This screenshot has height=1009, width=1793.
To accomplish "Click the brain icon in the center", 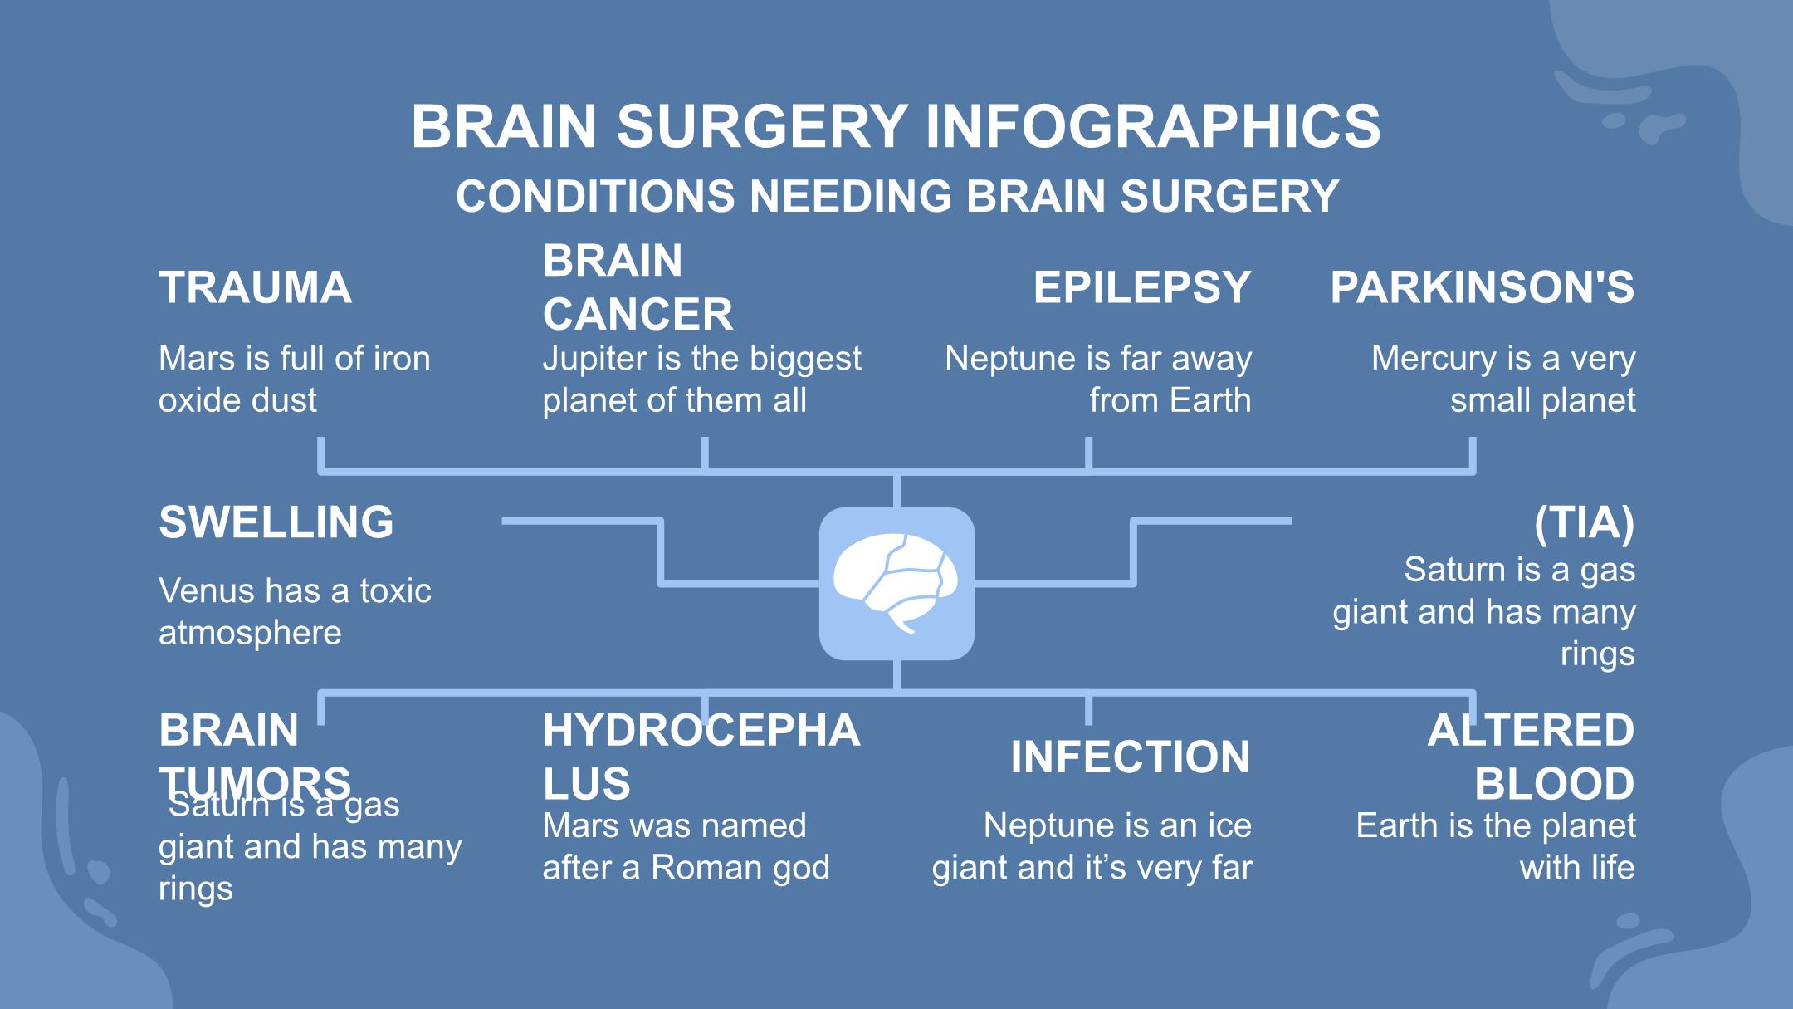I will pyautogui.click(x=896, y=584).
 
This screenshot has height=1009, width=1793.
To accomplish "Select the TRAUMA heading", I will pyautogui.click(x=255, y=287).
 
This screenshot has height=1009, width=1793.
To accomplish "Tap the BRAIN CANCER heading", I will pyautogui.click(x=637, y=287).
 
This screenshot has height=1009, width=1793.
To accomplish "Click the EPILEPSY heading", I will pyautogui.click(x=1141, y=287).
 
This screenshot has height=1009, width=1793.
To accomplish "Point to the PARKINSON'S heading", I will pyautogui.click(x=1482, y=287).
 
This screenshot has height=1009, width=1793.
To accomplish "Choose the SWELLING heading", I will pyautogui.click(x=276, y=522).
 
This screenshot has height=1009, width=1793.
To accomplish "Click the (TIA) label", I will pyautogui.click(x=1584, y=522).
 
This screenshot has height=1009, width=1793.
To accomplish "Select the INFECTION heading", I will pyautogui.click(x=1130, y=757).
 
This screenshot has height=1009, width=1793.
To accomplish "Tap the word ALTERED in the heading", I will pyautogui.click(x=1530, y=731).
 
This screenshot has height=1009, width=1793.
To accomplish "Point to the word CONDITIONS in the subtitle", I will pyautogui.click(x=595, y=197).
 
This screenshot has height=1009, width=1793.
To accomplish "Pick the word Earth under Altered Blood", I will pyautogui.click(x=1392, y=826).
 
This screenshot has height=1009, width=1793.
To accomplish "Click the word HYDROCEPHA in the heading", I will pyautogui.click(x=701, y=731).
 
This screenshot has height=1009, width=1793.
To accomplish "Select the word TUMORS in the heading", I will pyautogui.click(x=255, y=782).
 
